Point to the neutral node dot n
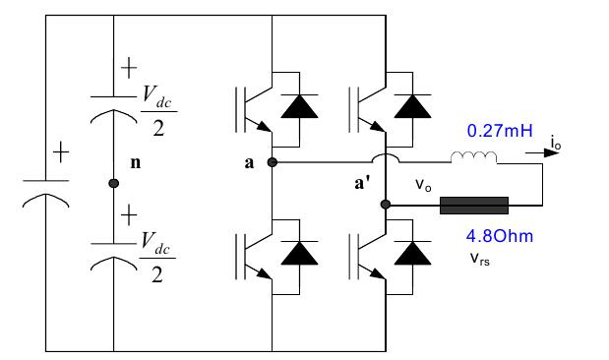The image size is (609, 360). (113, 184)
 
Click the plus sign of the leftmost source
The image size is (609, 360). (61, 153)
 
